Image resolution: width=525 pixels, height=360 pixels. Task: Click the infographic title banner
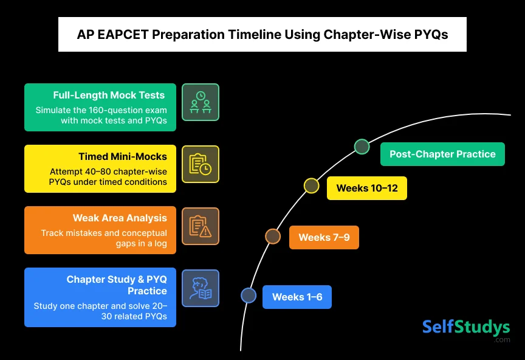pos(262,35)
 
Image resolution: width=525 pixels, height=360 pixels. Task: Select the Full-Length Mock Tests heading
pos(109,95)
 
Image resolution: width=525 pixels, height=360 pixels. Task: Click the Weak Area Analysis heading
pos(120,218)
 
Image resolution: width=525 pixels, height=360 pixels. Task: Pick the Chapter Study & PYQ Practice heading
pos(117,285)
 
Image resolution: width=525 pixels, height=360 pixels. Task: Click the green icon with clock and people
pos(201,102)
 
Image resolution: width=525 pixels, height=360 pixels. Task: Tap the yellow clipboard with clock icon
pos(201,164)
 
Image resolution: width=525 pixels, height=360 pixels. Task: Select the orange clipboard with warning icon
pos(201,226)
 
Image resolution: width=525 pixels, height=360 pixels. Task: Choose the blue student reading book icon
pos(201,288)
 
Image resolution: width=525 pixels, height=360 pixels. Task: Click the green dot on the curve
pos(362,147)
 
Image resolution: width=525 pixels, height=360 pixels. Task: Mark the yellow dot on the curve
pos(311,185)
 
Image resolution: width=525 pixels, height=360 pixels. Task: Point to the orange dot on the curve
pos(273,237)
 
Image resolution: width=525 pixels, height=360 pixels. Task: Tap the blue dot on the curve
pos(249,296)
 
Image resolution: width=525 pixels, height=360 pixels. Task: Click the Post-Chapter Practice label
pos(442,154)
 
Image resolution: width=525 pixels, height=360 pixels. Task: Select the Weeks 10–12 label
pos(367,188)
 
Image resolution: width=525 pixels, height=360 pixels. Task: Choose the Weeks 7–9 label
pos(324,237)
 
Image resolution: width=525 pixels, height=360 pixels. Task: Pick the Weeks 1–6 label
pos(297,297)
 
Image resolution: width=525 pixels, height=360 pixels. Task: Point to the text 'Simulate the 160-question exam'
pos(101,110)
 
